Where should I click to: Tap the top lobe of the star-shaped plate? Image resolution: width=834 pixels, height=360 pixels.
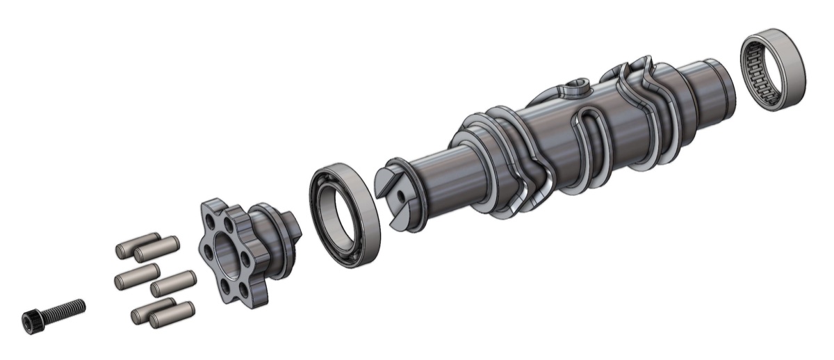coord(214,206)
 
